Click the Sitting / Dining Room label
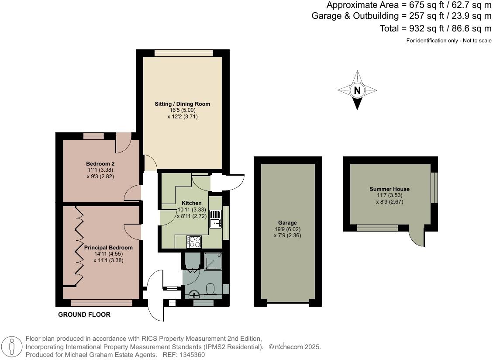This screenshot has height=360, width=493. (x=183, y=104)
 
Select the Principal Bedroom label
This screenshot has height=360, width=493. (x=108, y=247)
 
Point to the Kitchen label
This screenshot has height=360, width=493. (x=192, y=203)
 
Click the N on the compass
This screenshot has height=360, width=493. (x=357, y=90)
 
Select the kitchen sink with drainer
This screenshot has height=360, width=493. (x=215, y=219)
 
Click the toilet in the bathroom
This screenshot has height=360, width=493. (x=210, y=289)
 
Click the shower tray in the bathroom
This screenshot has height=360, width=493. (x=213, y=261)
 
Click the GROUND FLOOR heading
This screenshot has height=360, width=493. (x=84, y=315)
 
